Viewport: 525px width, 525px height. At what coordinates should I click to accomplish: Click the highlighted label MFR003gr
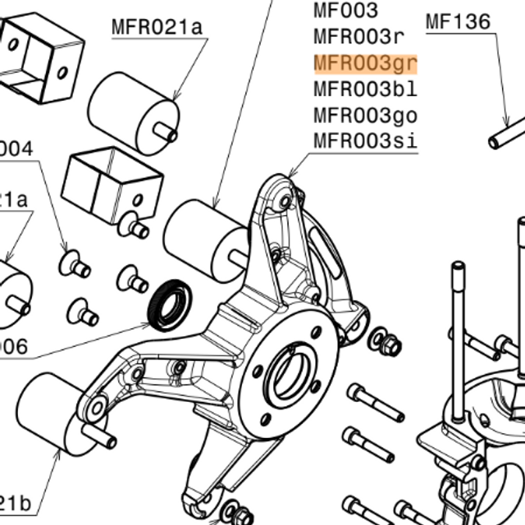tap(366, 63)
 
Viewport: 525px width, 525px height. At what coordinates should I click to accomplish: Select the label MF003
tap(346, 11)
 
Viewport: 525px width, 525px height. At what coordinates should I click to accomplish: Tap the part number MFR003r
tap(359, 37)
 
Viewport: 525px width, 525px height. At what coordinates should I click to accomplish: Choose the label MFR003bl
tap(366, 89)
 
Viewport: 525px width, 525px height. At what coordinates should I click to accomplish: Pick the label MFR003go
tap(366, 115)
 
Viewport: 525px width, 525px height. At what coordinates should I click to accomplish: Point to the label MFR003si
tap(366, 140)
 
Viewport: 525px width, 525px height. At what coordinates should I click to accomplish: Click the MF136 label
tap(458, 22)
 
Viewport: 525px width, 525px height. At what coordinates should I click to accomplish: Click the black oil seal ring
tap(169, 302)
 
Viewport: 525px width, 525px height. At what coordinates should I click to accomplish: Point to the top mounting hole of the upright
tap(285, 199)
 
